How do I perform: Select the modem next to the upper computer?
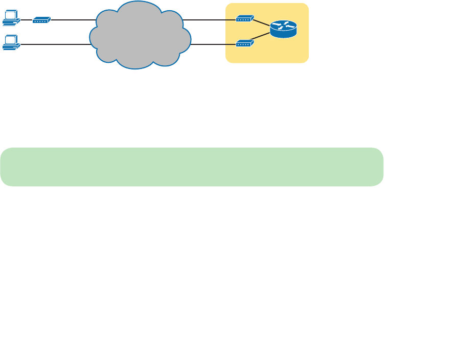[x=41, y=20]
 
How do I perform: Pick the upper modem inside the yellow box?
[x=244, y=19]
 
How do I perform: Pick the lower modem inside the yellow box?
[x=244, y=44]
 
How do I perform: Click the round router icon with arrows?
[x=283, y=29]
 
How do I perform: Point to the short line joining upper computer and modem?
[x=26, y=20]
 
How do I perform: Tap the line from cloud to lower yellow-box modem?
[x=213, y=44]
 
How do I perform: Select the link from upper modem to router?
[x=262, y=23]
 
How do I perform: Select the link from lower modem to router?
[x=262, y=37]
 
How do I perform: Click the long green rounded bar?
[x=192, y=167]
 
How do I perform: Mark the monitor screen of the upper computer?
[x=10, y=15]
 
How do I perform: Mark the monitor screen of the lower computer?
[x=10, y=39]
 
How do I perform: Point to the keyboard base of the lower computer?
[x=10, y=47]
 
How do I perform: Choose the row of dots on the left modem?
[x=40, y=20]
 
